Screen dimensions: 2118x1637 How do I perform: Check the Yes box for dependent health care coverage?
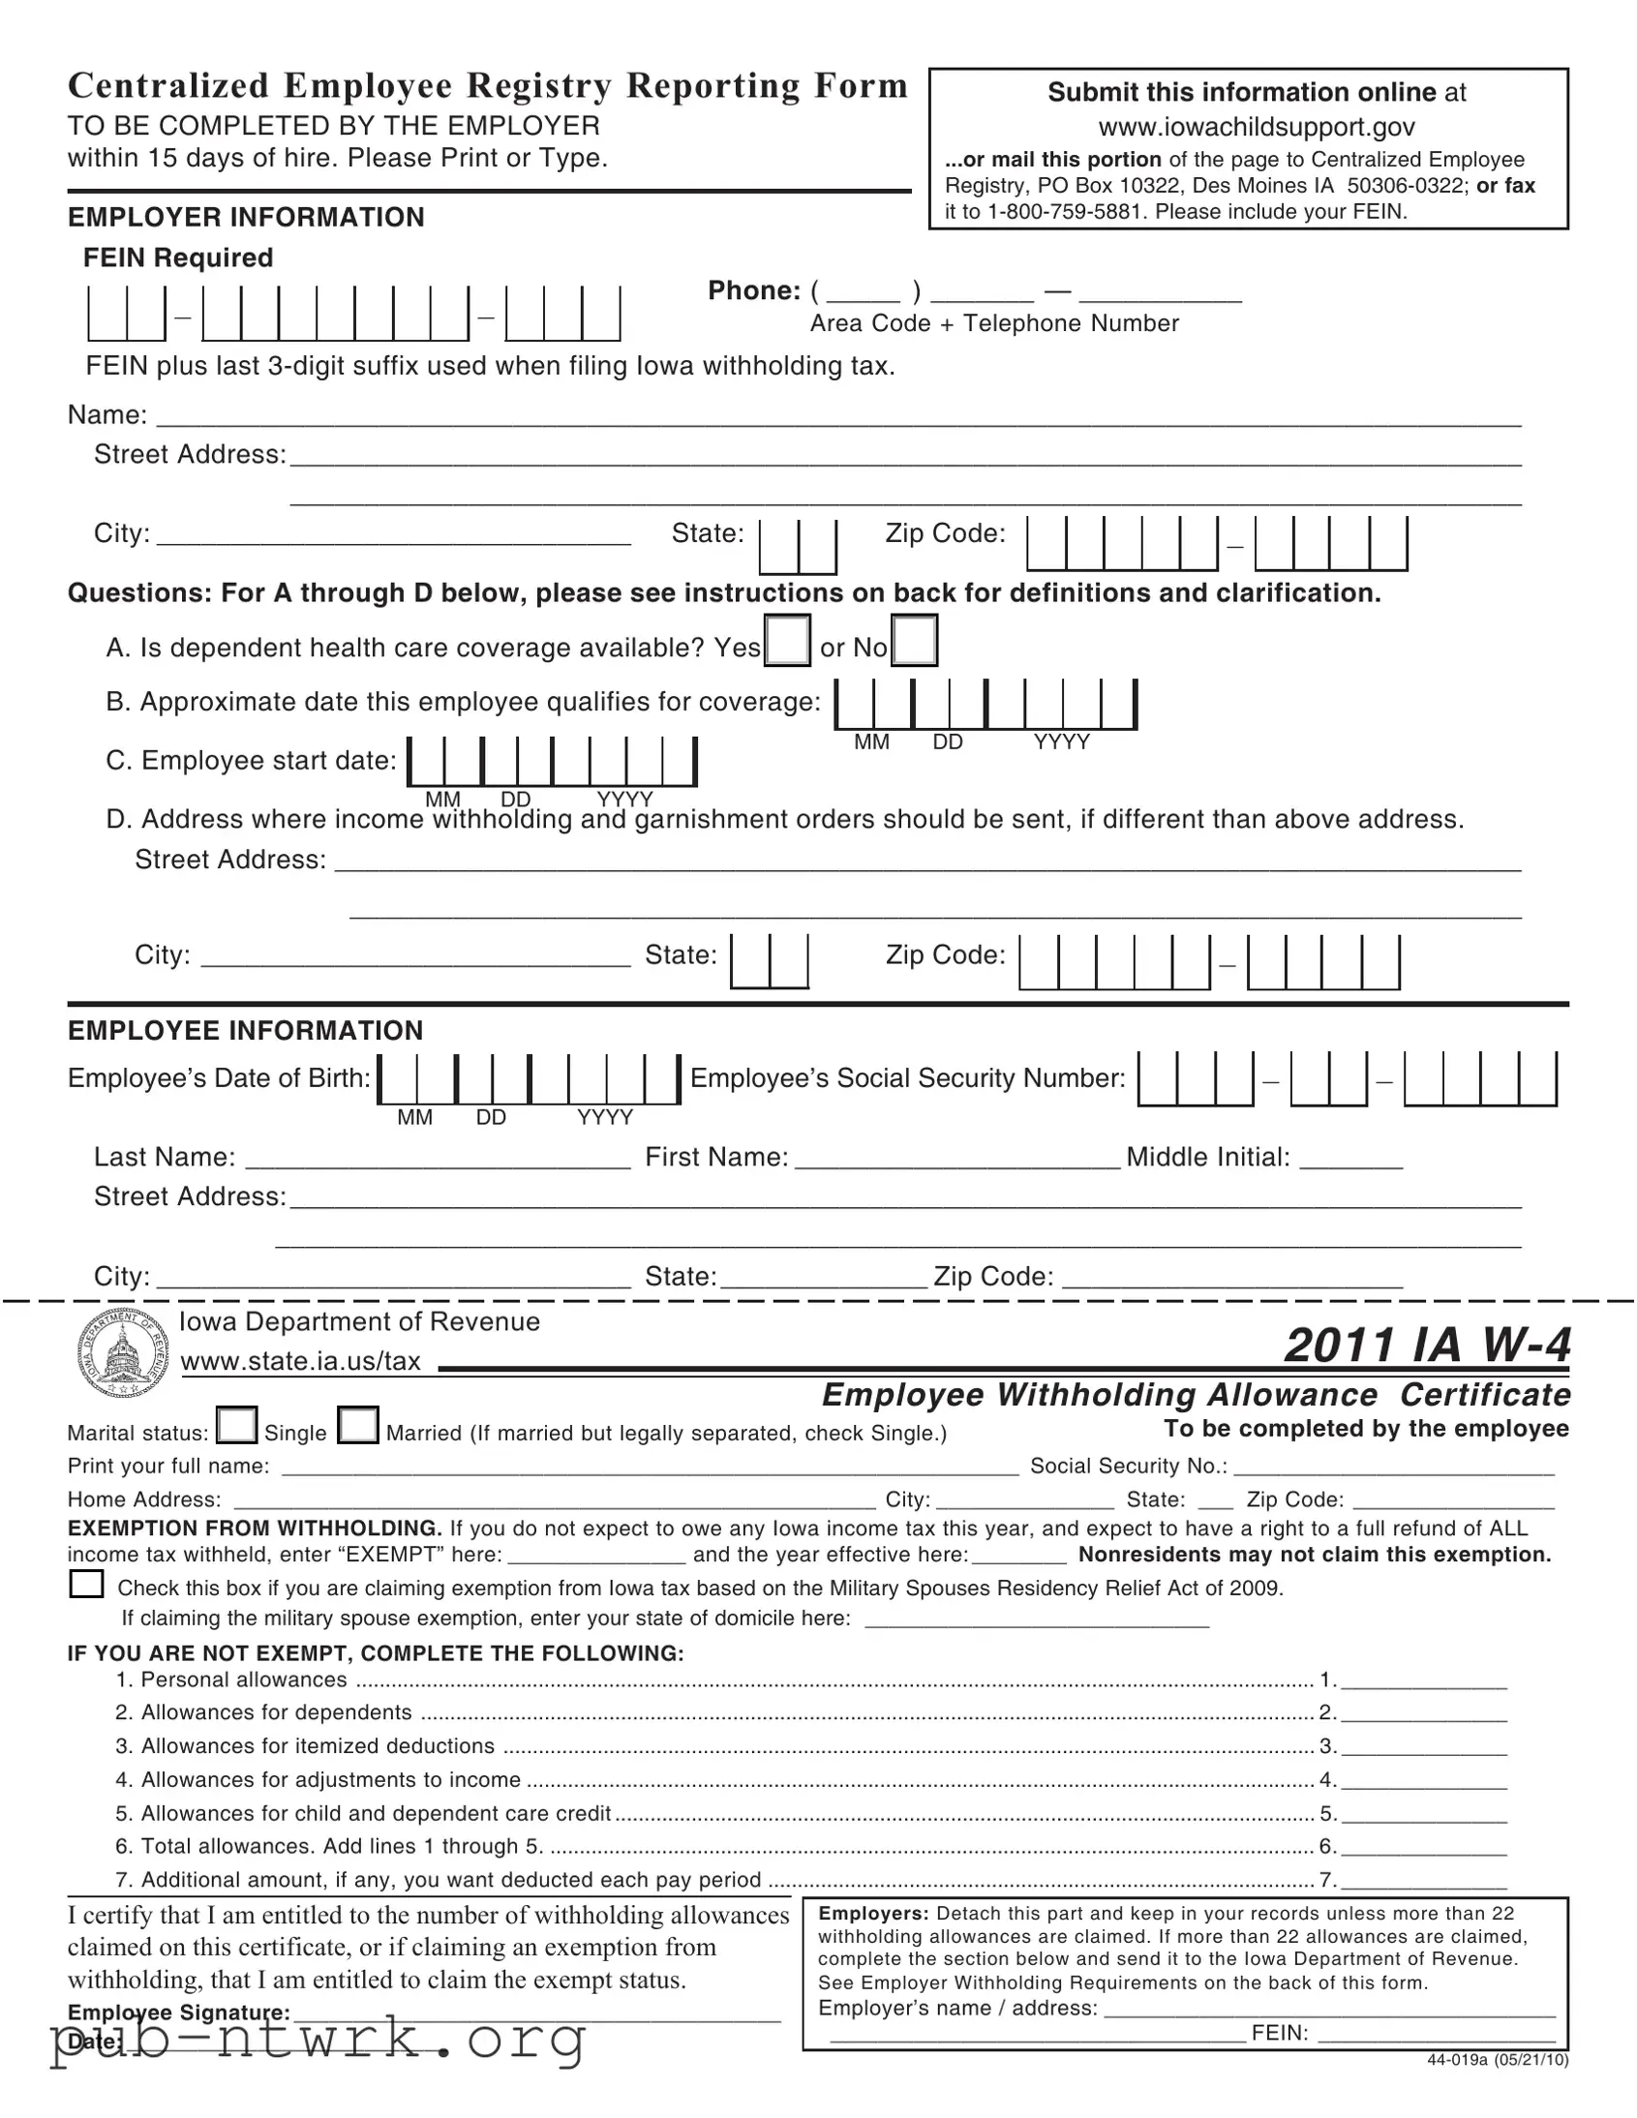786,640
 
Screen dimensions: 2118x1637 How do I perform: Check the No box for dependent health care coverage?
914,640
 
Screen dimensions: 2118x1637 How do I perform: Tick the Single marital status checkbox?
236,1426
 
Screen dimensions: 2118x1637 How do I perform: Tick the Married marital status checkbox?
358,1426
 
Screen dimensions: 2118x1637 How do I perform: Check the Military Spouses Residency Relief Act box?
86,1584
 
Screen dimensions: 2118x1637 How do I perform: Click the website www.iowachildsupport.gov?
1256,127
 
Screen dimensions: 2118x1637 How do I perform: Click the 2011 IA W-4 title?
1427,1345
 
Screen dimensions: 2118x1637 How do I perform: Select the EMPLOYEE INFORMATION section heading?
245,1030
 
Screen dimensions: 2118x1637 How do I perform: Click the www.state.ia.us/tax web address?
301,1361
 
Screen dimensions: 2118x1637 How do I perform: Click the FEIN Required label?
177,257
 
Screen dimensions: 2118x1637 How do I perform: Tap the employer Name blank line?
839,419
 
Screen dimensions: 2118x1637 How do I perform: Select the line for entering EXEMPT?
596,1556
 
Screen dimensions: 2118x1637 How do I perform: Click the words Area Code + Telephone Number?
994,324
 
